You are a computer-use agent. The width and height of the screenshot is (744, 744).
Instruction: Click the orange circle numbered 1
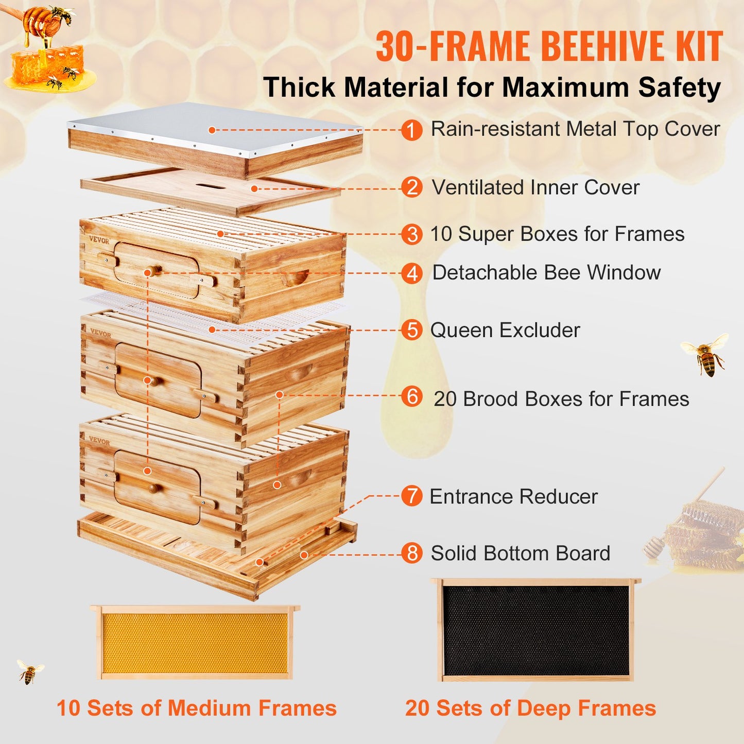point(412,130)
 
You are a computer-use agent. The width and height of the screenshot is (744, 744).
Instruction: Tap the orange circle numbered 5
point(412,330)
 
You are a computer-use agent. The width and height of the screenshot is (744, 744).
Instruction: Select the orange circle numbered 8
point(412,553)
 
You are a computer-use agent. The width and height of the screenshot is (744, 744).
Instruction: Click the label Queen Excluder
point(505,330)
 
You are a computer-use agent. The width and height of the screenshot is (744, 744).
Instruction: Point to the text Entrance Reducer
point(513,496)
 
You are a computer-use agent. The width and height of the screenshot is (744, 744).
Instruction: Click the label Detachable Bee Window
point(546,272)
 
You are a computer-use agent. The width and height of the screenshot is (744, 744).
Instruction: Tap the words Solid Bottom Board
point(520,553)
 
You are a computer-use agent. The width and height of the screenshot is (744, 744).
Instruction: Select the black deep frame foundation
point(535,630)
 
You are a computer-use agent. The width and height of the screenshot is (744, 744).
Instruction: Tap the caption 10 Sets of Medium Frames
point(196,708)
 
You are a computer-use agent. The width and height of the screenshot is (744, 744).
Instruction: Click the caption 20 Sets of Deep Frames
point(530,708)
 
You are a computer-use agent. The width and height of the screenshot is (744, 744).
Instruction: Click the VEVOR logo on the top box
point(99,240)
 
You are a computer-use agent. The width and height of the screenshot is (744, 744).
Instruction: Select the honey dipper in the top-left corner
point(39,21)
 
